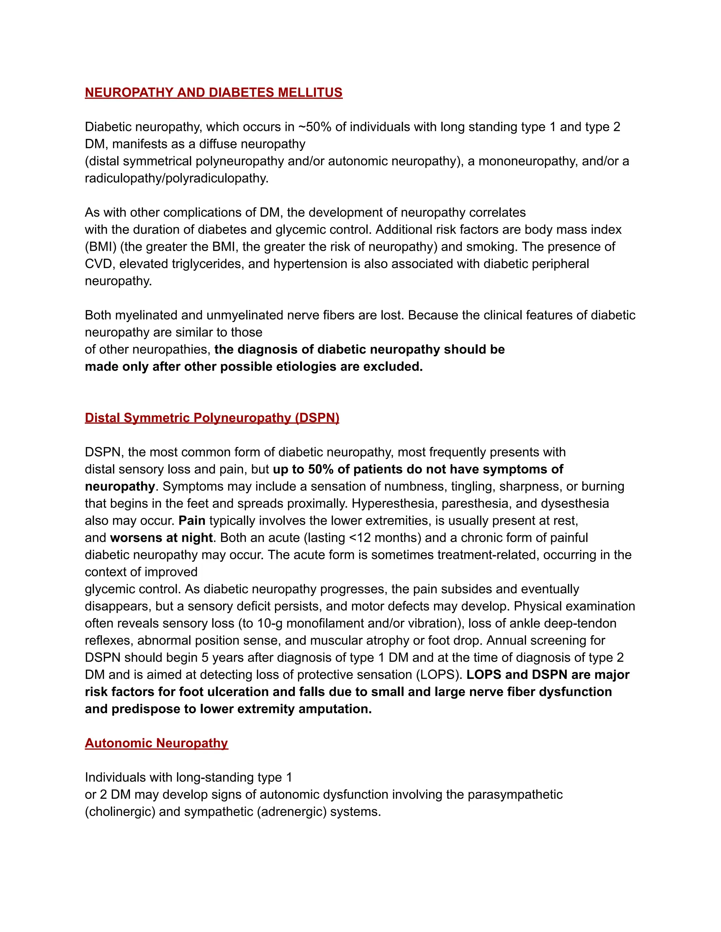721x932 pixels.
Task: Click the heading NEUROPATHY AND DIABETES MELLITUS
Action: point(214,92)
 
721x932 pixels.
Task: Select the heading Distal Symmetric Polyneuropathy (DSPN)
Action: point(212,418)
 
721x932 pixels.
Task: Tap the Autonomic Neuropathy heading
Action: point(156,743)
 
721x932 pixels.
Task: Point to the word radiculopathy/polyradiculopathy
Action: point(176,178)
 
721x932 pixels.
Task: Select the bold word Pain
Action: point(192,521)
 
